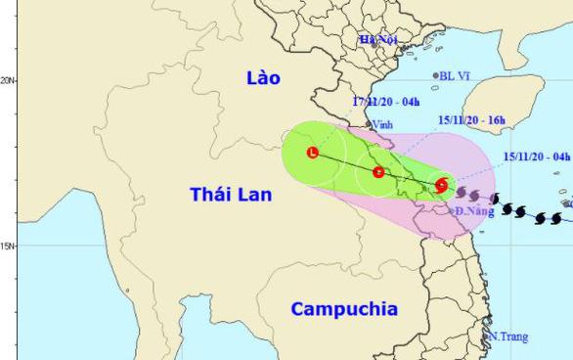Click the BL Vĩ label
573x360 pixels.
456,75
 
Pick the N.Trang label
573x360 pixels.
508,337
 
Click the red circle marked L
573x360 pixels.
312,153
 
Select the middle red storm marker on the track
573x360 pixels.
377,172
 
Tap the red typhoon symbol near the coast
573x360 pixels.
442,184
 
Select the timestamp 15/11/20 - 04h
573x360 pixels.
537,155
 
